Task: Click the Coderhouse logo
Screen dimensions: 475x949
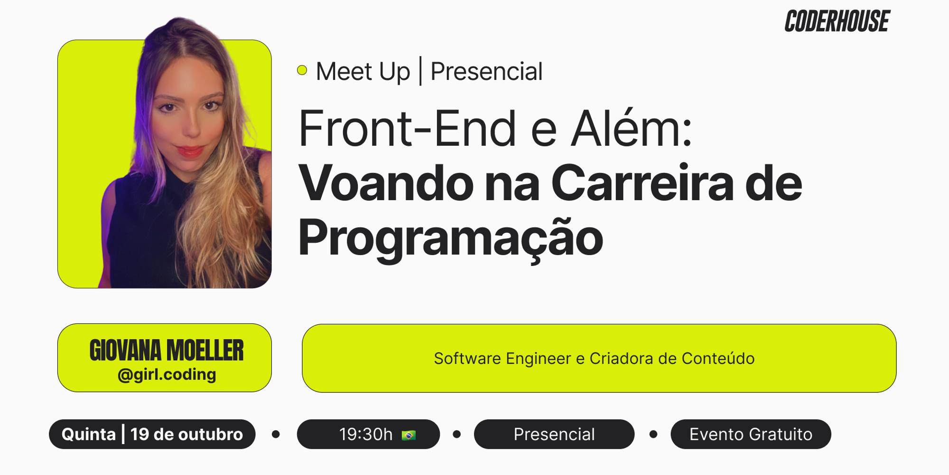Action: tap(837, 21)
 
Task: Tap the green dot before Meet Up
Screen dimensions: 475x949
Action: tap(302, 70)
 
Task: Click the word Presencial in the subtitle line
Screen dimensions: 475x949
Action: tap(486, 72)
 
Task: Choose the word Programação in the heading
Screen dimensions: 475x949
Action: tap(450, 237)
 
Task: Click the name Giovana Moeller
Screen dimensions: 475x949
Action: tap(166, 351)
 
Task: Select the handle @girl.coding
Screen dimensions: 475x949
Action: tap(167, 375)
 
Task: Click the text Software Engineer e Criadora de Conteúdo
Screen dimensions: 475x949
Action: tap(594, 359)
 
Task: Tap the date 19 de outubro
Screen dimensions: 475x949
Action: tap(186, 434)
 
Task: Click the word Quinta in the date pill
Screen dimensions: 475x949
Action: tap(89, 434)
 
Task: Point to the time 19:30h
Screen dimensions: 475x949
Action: tap(365, 434)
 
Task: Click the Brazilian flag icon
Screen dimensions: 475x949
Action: tap(409, 435)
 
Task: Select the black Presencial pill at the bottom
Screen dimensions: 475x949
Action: tap(554, 434)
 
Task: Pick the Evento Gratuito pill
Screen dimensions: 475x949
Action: tap(751, 434)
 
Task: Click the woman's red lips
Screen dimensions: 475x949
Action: tap(190, 151)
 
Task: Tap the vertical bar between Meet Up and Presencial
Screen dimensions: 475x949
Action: tap(420, 71)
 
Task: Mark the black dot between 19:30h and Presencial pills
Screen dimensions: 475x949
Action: tap(457, 434)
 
